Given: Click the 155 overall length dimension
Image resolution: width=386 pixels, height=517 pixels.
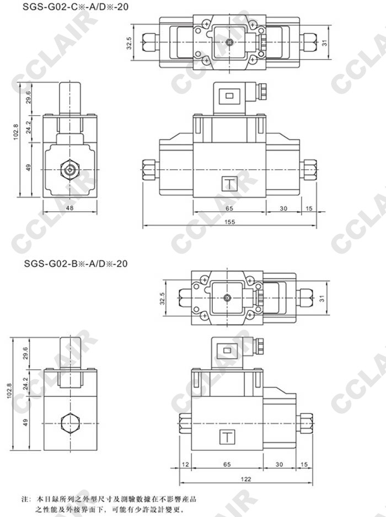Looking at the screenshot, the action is tap(229, 222).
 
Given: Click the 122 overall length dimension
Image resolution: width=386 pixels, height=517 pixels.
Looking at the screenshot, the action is tap(246, 479).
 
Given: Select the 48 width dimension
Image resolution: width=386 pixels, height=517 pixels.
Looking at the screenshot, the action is tap(69, 208).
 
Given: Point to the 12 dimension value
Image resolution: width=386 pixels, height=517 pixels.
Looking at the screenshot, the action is tap(185, 465).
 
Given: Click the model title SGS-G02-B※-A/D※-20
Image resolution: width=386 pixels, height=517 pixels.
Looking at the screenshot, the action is tap(76, 263).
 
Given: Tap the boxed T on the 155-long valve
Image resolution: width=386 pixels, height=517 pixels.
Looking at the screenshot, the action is tap(229, 184).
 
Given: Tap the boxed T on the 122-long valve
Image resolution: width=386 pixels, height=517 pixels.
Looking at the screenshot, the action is tap(227, 437).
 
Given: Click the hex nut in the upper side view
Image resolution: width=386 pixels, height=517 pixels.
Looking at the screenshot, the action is tap(70, 170).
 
